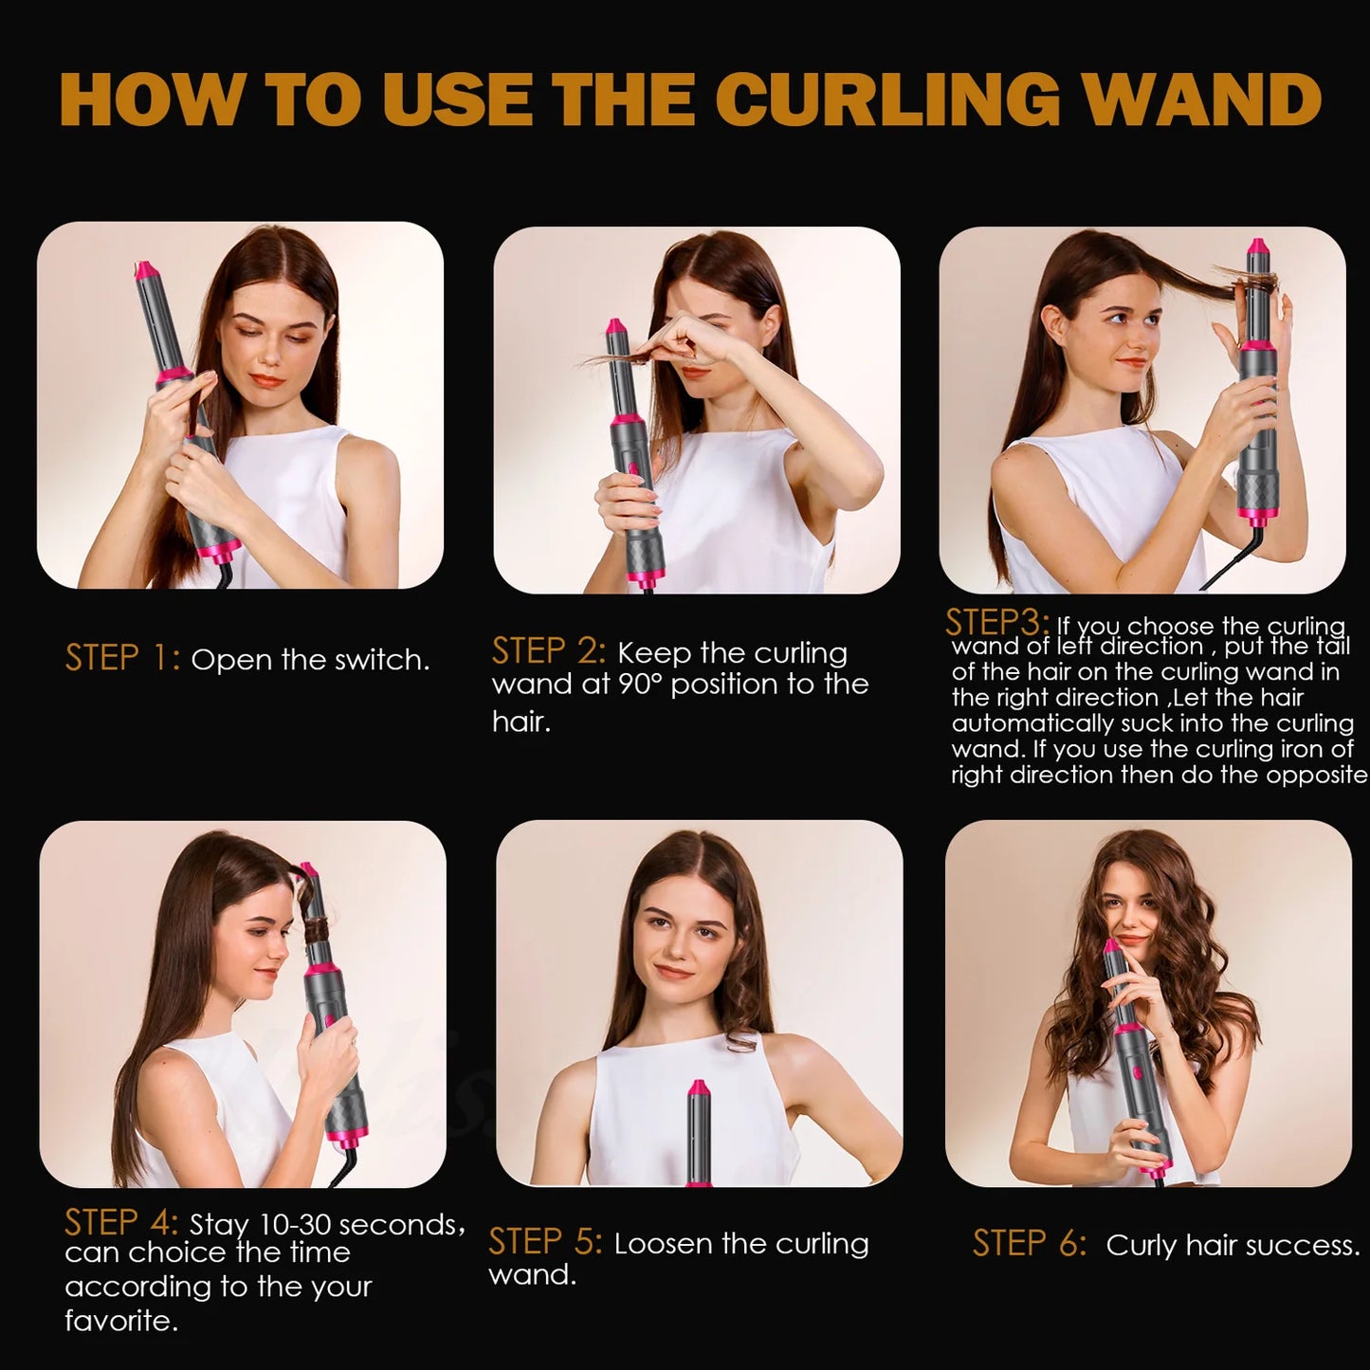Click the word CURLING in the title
point(887,99)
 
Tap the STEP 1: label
point(121,658)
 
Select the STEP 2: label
point(548,651)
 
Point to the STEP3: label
point(996,623)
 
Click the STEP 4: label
point(121,1223)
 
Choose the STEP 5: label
point(545,1242)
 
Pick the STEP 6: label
point(1030,1244)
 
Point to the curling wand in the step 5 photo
point(699,1133)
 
